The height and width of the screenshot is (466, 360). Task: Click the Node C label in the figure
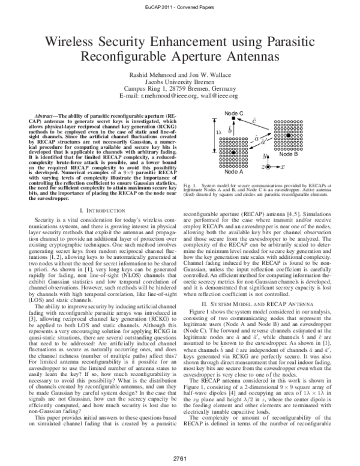(234, 113)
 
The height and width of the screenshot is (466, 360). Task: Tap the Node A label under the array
(233, 172)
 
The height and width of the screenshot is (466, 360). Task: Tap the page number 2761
(179, 458)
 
